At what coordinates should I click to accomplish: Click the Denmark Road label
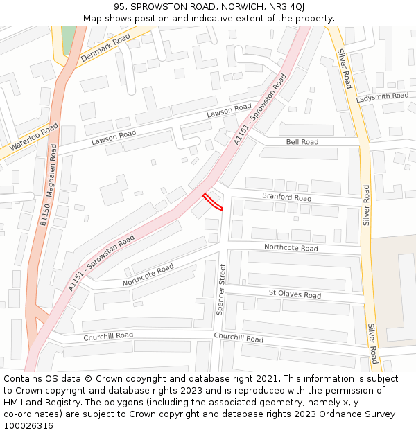pyautogui.click(x=105, y=48)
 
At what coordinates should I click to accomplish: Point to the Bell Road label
pyautogui.click(x=302, y=142)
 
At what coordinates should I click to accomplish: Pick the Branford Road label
pyautogui.click(x=286, y=197)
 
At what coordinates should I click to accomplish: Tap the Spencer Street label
pyautogui.click(x=221, y=289)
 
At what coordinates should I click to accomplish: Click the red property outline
pyautogui.click(x=213, y=202)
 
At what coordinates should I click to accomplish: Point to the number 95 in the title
pyautogui.click(x=120, y=7)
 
